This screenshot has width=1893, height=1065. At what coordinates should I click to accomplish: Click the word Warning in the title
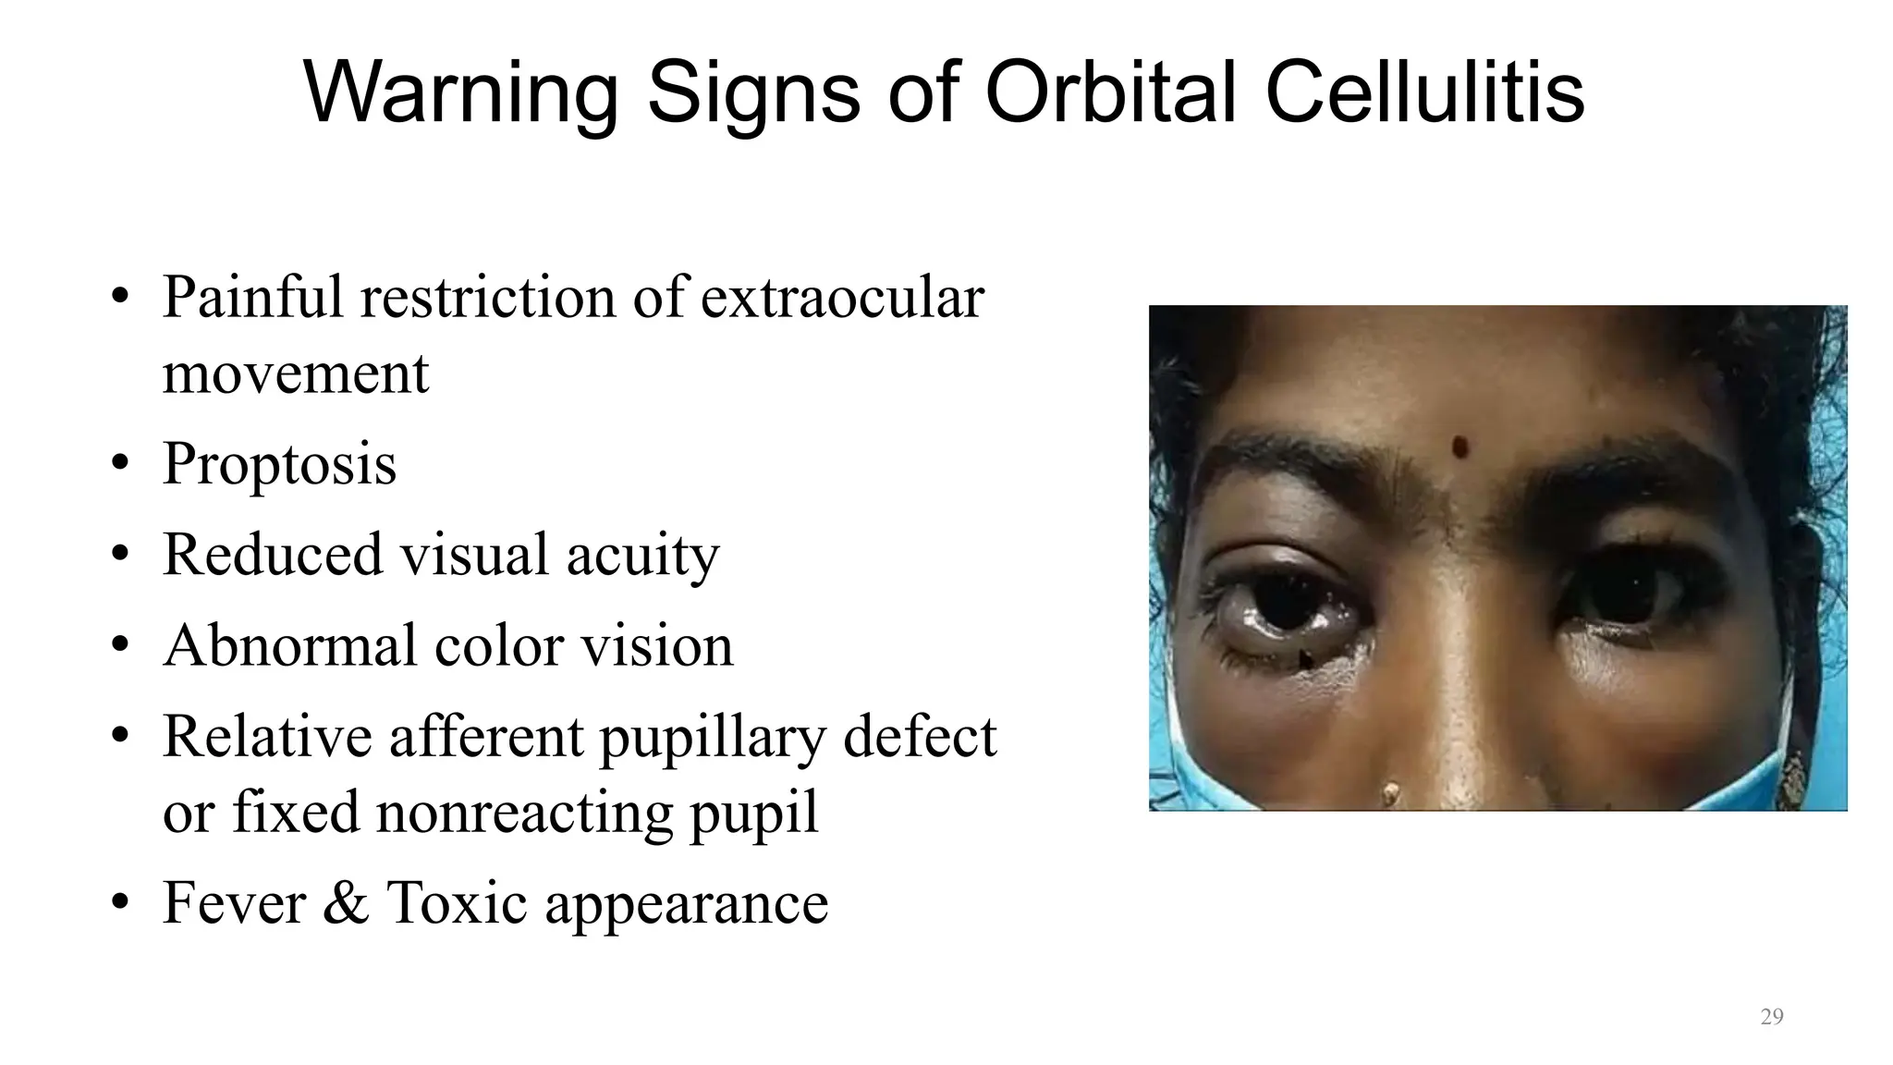coord(460,92)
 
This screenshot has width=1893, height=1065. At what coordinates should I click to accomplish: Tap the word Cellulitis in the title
coord(1424,92)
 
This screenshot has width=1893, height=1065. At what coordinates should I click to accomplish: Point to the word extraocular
coord(842,298)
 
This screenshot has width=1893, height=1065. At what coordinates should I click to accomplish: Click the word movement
coord(296,373)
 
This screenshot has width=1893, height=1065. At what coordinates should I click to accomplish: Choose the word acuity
coord(642,555)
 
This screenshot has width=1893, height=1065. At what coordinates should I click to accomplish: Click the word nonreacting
coord(522,813)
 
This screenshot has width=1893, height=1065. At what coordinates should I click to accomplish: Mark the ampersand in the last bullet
coord(346,902)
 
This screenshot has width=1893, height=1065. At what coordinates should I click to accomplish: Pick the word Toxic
coord(457,902)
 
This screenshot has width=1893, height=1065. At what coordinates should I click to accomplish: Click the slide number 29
coord(1772,1017)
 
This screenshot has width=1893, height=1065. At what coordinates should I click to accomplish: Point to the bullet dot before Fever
coord(118,902)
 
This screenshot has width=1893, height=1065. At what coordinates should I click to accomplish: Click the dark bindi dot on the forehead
coord(1460,447)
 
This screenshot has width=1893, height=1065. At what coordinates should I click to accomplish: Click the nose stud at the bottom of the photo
coord(1389,791)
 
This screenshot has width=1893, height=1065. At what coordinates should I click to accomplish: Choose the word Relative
coord(267,737)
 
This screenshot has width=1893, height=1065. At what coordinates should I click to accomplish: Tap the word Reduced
coord(272,555)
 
